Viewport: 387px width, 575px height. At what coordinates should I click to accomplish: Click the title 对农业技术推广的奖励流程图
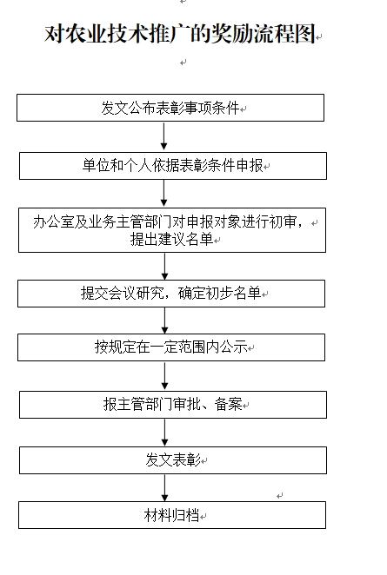click(180, 34)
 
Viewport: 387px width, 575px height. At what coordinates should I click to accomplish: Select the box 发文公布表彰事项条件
click(170, 108)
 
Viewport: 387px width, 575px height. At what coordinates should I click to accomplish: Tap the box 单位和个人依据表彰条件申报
click(173, 166)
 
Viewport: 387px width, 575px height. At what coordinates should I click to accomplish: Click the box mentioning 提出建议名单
click(172, 230)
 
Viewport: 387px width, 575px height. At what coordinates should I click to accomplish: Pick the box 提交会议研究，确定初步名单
click(171, 294)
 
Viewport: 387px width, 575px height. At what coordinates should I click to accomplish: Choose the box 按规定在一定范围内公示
click(171, 347)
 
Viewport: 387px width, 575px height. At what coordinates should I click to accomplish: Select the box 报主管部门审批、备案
click(173, 405)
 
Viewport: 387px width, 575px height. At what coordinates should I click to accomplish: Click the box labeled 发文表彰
click(173, 460)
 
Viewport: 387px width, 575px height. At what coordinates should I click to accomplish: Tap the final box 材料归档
click(172, 515)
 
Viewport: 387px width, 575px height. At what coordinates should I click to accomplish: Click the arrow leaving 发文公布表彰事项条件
click(163, 136)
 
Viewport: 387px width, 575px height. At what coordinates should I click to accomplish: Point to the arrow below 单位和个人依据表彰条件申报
click(163, 193)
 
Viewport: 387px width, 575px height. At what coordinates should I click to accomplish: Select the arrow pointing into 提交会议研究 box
click(164, 267)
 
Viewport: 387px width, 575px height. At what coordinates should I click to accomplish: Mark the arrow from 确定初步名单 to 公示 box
click(164, 321)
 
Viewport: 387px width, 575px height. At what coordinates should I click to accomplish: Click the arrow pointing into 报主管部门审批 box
click(164, 376)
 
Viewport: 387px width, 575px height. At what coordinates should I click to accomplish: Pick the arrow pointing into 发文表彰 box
click(164, 433)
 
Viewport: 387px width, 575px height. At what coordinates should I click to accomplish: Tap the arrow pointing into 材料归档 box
click(164, 488)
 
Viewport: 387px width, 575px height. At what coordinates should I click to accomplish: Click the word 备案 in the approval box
click(229, 404)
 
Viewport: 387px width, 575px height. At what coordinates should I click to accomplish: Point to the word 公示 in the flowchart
click(234, 347)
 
